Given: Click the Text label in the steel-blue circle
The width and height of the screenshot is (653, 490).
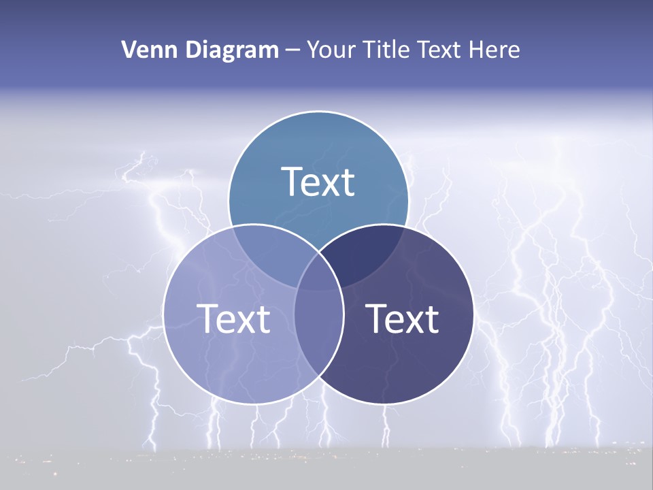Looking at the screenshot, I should [318, 182].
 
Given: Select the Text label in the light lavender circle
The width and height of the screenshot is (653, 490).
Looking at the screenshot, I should [233, 318].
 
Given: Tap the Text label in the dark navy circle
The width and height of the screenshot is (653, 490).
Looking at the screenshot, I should [402, 318].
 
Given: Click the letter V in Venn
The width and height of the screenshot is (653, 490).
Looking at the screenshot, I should [129, 50].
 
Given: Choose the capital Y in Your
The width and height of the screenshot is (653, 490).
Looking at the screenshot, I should [313, 50].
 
